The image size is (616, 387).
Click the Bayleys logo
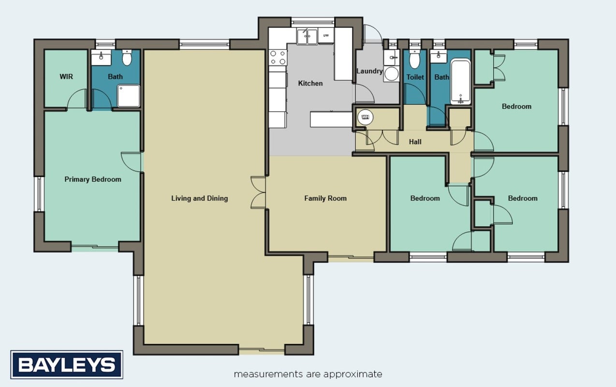point(67,365)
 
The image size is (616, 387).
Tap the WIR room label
point(66,76)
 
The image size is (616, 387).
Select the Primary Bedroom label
point(93,179)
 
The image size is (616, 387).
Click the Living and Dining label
point(199,198)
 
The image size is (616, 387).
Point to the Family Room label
point(325,198)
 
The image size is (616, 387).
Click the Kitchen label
point(310,83)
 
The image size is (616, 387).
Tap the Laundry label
point(369,71)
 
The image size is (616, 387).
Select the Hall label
point(415,142)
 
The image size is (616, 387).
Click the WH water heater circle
point(365,117)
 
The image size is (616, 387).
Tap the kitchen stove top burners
point(278,58)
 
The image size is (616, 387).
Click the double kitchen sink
point(307,36)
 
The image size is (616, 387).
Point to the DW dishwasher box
point(326,35)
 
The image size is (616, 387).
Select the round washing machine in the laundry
point(391,74)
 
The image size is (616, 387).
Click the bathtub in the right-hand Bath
point(461,82)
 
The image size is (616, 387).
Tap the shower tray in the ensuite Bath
point(129,96)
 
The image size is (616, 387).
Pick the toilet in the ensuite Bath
point(127,58)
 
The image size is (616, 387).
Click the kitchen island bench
point(331,119)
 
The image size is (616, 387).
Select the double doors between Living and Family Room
point(258,193)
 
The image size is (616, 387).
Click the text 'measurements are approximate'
point(308,374)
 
